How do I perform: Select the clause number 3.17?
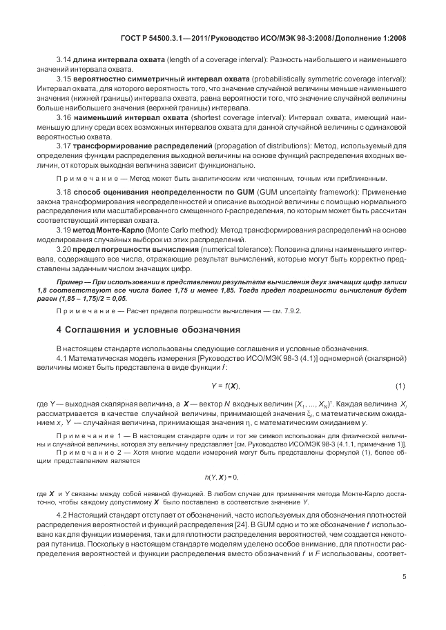[64, 146]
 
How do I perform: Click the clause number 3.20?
[64, 248]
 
